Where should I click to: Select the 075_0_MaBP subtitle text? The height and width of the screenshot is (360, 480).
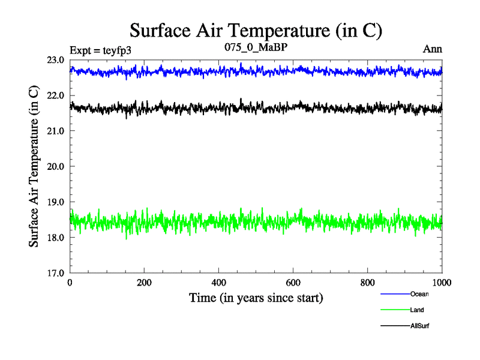256,48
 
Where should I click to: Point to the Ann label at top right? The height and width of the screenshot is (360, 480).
433,49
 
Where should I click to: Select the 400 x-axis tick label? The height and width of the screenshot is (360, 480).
219,283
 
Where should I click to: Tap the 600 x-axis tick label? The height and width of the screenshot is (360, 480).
293,283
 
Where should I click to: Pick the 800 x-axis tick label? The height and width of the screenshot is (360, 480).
368,283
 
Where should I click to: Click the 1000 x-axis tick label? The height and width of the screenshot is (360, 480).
442,283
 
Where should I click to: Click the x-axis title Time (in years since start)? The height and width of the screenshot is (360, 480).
256,298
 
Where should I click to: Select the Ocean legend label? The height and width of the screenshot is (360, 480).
419,294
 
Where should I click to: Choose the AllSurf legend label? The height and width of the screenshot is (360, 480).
420,326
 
